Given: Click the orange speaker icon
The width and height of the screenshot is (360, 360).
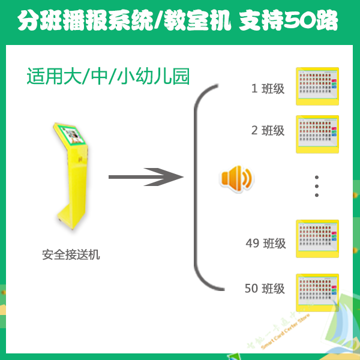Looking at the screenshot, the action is coord(236,178).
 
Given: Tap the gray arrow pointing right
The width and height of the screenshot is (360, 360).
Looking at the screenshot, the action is coord(145,177).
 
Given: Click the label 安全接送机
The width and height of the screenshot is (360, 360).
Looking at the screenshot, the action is coord(71,255).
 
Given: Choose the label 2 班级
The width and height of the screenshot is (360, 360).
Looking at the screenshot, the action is coord(268,130).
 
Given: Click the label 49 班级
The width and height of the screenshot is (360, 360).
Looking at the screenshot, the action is coord(266,244).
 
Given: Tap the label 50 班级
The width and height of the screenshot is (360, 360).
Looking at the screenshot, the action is coord(265,289).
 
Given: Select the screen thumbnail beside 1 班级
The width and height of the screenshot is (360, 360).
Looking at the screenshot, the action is coord(318,86).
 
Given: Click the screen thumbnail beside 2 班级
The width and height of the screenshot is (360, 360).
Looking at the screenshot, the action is coord(318,134).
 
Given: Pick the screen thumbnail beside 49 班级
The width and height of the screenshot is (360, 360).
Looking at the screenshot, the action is coord(318,238).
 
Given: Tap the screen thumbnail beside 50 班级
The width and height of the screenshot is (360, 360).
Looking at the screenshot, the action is coord(318,293).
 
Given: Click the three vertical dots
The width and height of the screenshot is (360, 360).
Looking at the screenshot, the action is coord(317,186).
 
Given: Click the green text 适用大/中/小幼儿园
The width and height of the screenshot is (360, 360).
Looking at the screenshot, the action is coord(109,77).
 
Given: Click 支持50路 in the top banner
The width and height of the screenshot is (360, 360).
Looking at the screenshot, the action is coord(289,22).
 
